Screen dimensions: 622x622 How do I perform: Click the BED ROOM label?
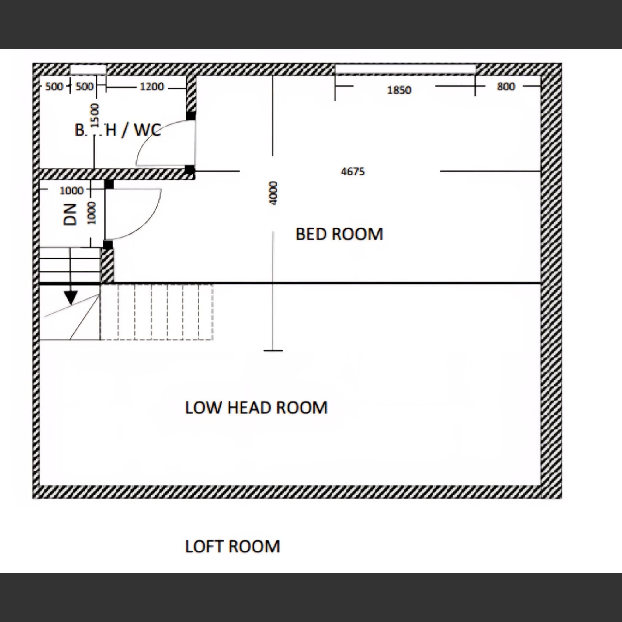coord(339,234)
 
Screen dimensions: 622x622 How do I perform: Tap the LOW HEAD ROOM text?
coord(256,408)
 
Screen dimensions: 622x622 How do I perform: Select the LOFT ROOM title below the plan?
coord(232,547)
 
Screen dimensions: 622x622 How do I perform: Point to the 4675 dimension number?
coord(353,172)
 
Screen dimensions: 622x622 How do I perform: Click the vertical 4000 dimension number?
coord(273,193)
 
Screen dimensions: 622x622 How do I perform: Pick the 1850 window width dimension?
coord(399,90)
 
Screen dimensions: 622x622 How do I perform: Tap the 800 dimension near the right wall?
coord(506,87)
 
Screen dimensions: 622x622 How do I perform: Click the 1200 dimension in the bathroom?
coord(152,87)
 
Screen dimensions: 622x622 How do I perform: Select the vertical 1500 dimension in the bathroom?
coord(94,115)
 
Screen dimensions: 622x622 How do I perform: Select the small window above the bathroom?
coord(88,69)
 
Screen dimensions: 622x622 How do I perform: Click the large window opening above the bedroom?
coord(405,69)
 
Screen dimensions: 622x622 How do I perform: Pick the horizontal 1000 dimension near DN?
coord(71,191)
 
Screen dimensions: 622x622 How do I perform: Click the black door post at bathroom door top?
coord(191,116)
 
